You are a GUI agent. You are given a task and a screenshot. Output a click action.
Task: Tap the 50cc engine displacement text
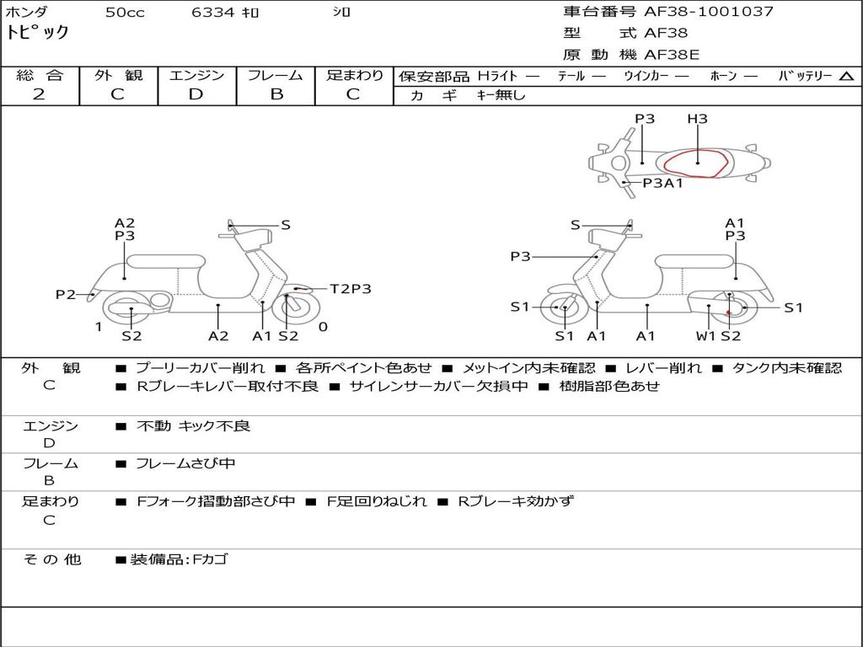coord(125,13)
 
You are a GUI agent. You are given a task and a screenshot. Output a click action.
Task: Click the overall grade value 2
coord(39,94)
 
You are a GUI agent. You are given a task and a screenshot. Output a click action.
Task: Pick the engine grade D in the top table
coord(196,94)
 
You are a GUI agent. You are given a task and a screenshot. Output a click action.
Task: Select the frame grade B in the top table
coord(276,94)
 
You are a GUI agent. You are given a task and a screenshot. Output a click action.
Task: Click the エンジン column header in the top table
coord(196,75)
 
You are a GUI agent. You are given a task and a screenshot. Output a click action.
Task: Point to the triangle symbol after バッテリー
coord(846,77)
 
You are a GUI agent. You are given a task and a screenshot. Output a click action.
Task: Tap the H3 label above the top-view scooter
coord(697,120)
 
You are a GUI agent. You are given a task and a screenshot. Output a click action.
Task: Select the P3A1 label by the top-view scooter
coord(662,183)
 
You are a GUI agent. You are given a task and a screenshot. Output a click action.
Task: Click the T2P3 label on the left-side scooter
coord(350,289)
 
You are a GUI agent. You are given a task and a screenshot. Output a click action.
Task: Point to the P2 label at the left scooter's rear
coord(66,294)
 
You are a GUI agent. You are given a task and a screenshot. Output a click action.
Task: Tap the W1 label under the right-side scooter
coord(705,336)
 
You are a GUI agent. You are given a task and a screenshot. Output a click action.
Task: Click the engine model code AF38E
coord(672,56)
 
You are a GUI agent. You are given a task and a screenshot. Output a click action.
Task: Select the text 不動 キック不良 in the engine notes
coord(193,426)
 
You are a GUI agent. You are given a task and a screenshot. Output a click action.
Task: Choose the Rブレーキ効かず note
coord(515,501)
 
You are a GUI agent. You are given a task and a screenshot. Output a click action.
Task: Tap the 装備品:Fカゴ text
coord(178,559)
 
